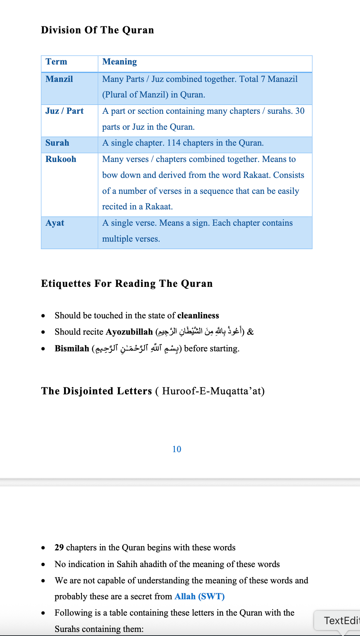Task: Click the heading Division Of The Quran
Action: tap(97, 30)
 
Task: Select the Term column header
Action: tap(56, 62)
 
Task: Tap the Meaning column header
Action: tap(119, 62)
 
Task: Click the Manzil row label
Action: tap(59, 79)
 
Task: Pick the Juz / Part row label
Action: tap(64, 111)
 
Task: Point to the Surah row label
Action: tap(57, 143)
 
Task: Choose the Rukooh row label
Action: tap(61, 159)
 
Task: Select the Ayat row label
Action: tap(55, 223)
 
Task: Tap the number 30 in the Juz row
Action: tap(300, 111)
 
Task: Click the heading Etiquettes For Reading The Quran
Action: tap(127, 284)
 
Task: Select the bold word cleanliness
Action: tap(198, 315)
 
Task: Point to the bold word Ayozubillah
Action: tap(129, 332)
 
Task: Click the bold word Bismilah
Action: tap(72, 349)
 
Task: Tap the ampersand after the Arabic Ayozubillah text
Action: tap(250, 332)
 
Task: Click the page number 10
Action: tap(177, 449)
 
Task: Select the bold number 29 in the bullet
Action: tap(59, 548)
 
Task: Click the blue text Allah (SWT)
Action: tap(200, 596)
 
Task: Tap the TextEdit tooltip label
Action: tap(341, 620)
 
